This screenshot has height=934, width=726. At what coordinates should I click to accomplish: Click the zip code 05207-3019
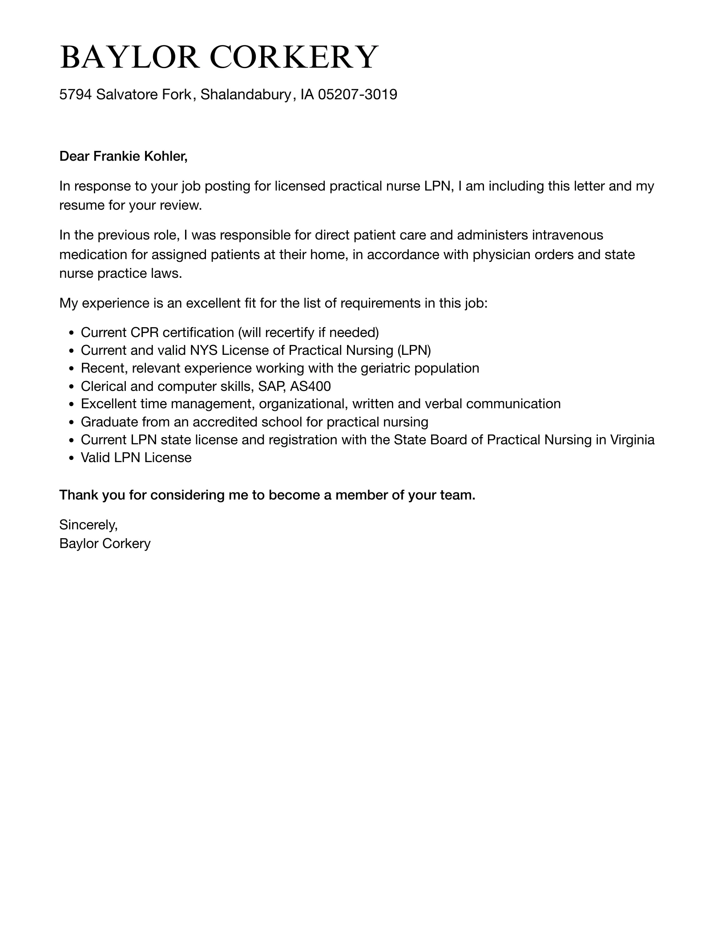[x=358, y=94]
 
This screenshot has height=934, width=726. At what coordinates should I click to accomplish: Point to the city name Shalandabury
[x=246, y=94]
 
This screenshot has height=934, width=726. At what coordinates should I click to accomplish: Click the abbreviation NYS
[x=204, y=350]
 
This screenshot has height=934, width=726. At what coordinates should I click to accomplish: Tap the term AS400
[x=310, y=386]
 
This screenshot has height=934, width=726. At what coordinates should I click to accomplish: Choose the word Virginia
[x=632, y=440]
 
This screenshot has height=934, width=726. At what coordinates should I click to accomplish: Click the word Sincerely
[x=88, y=525]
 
